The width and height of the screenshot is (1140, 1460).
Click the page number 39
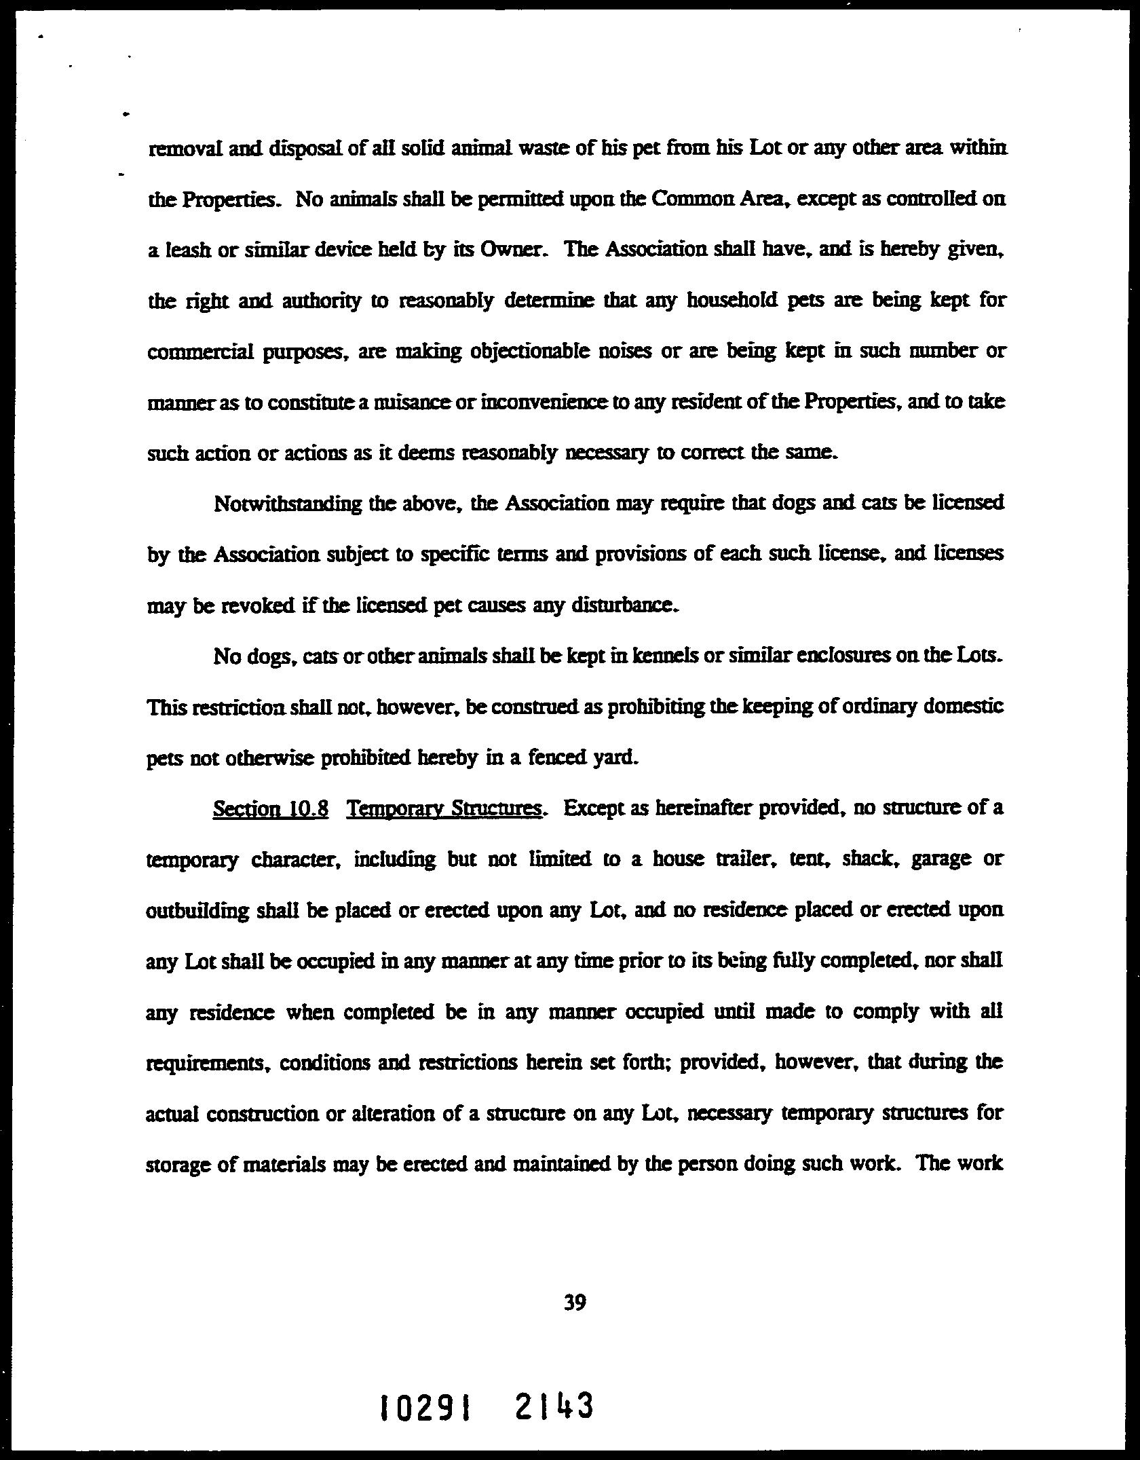pos(575,1303)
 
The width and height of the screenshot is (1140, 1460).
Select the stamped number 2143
pos(554,1406)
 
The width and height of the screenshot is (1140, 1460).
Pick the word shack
pos(867,859)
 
